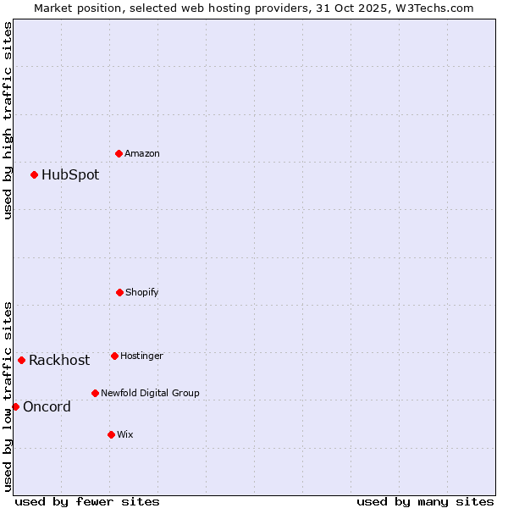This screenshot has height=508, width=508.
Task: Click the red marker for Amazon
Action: (119, 153)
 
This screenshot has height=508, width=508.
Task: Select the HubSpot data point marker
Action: (34, 174)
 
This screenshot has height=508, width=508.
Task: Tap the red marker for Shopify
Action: (119, 292)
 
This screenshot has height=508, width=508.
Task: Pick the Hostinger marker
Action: (114, 356)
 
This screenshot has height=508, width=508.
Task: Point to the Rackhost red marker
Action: (21, 360)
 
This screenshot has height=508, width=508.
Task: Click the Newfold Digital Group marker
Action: (95, 393)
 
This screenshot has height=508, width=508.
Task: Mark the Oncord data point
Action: (15, 406)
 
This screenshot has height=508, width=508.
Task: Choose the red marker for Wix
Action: (111, 434)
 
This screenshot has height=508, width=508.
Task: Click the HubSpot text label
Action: (70, 175)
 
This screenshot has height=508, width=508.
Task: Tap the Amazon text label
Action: (142, 154)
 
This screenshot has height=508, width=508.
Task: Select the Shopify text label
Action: (142, 293)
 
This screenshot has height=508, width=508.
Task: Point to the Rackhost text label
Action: (59, 361)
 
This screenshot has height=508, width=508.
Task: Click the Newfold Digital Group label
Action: (150, 394)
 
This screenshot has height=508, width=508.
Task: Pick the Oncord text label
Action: (47, 407)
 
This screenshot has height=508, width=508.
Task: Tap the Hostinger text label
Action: (141, 356)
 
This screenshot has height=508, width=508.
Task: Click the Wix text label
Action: (125, 435)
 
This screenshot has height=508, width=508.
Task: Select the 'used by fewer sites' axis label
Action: (87, 502)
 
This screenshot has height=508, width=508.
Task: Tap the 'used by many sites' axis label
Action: (425, 502)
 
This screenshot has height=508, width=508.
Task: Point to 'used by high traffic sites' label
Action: (8, 120)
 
